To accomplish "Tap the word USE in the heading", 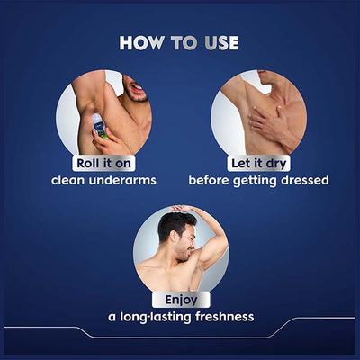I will coord(219,42).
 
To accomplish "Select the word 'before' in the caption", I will coord(209,180).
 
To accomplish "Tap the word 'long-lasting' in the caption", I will coord(151,316).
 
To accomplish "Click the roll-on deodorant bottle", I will coord(99,125).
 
